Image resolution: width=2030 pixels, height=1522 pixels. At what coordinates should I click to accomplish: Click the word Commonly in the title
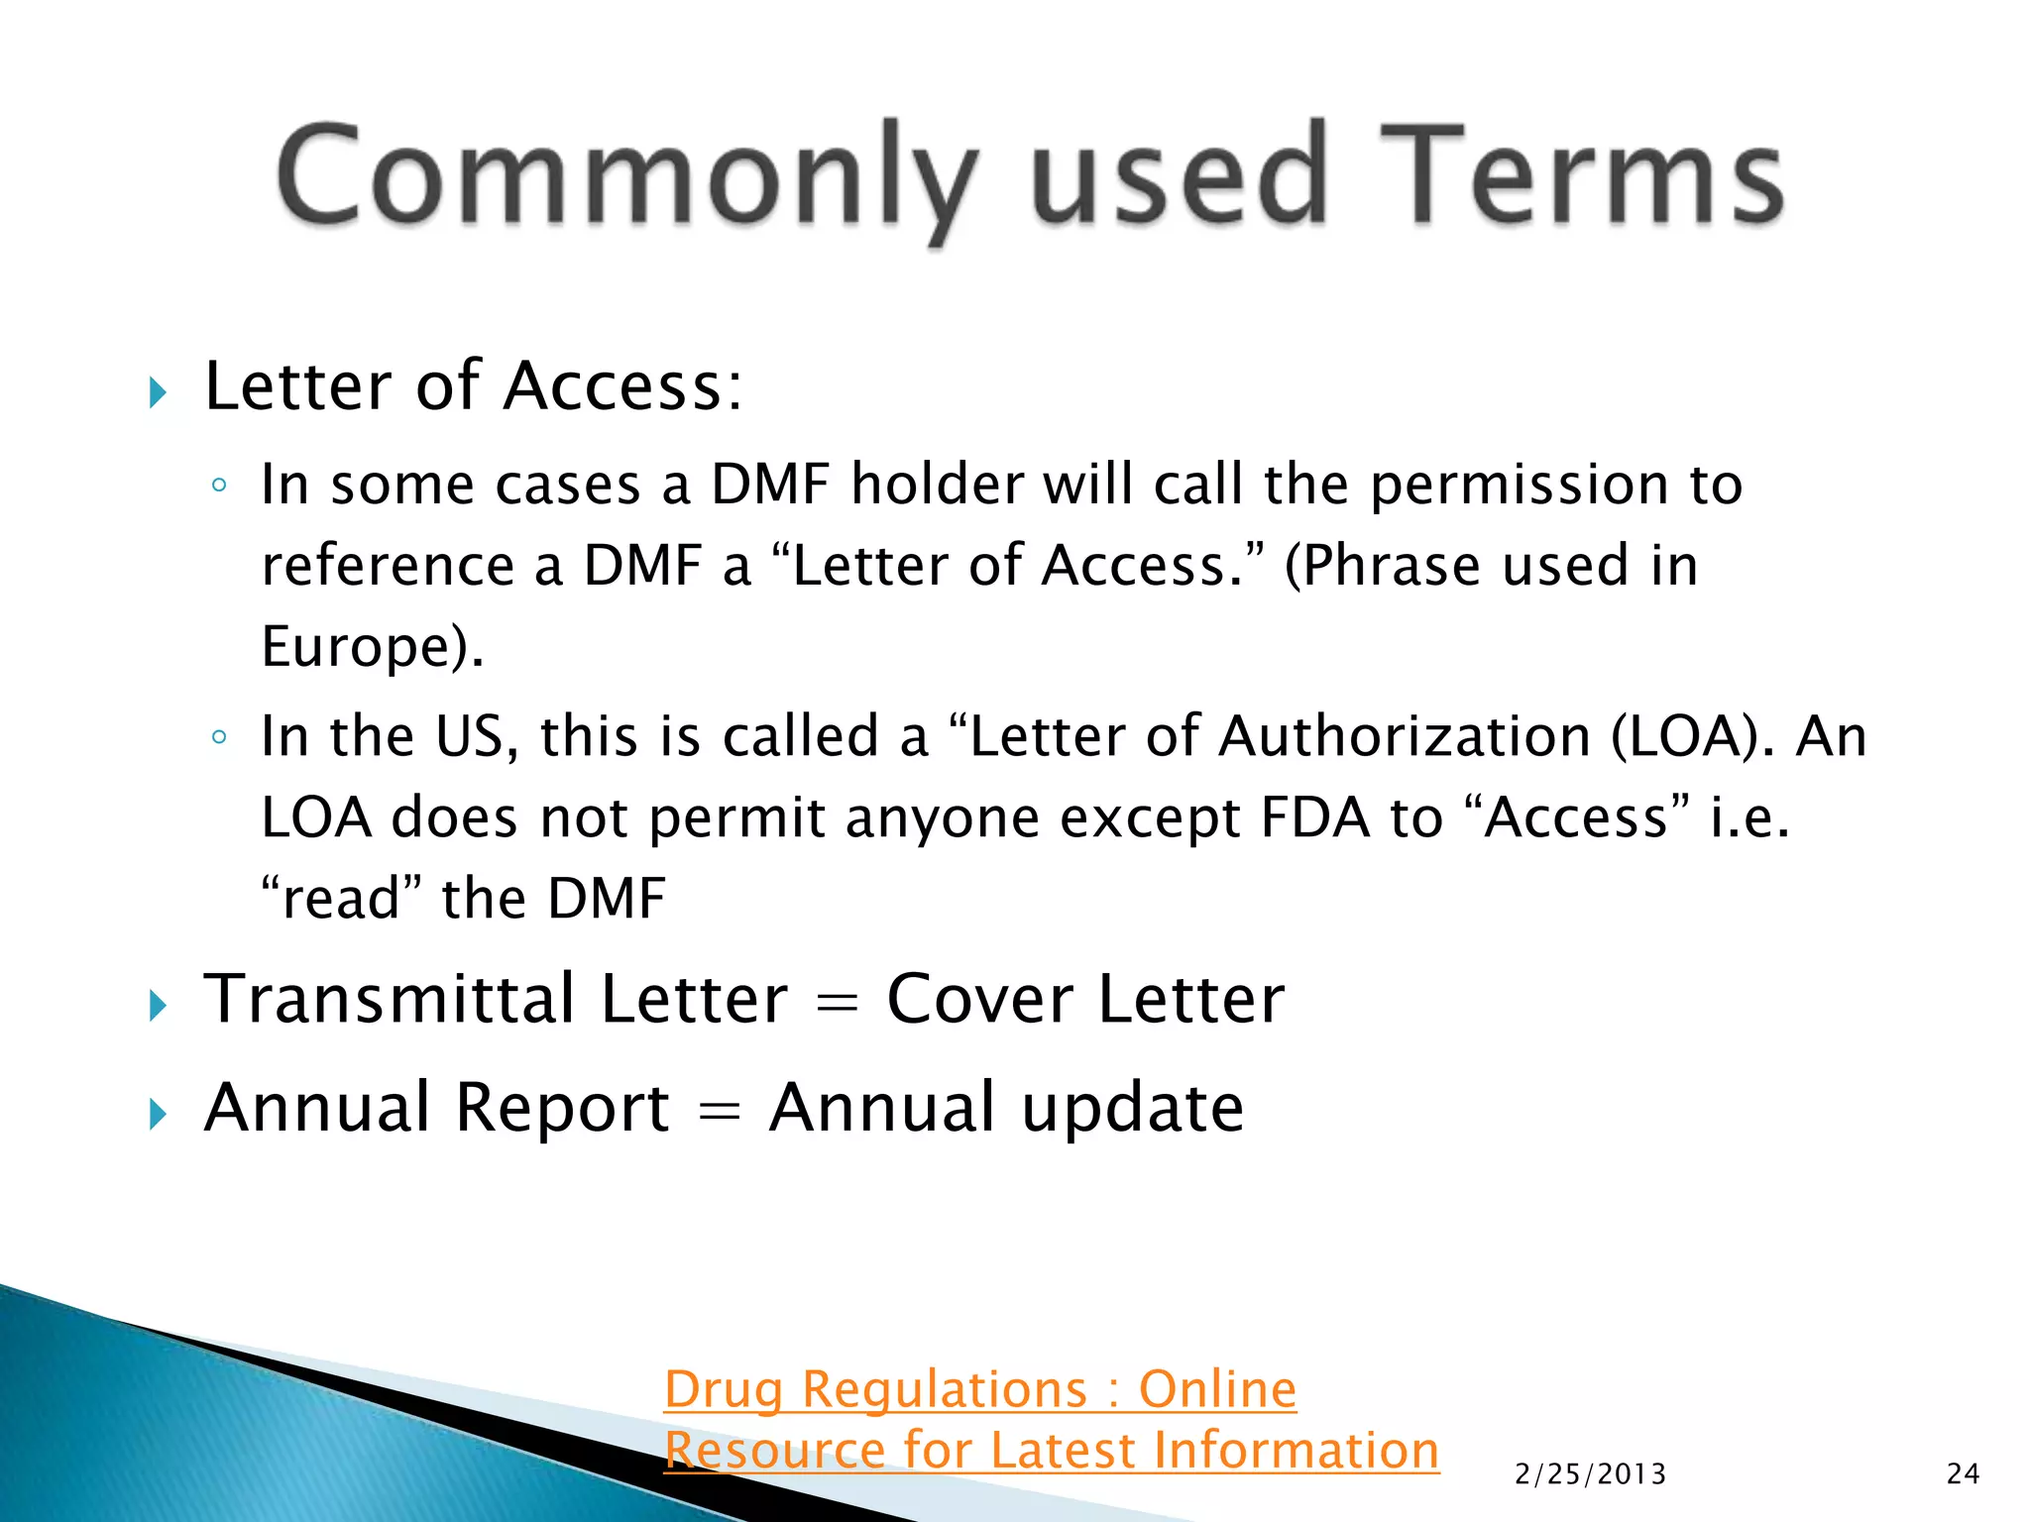click(x=624, y=178)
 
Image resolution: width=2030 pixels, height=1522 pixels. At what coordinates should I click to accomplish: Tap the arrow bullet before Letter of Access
click(x=158, y=392)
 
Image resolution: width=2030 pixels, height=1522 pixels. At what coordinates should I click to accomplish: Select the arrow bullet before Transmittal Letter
click(x=158, y=1006)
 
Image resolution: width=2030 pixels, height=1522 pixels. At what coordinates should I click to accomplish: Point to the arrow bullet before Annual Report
click(x=158, y=1114)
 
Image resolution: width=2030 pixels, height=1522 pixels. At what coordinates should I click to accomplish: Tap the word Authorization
click(x=1405, y=737)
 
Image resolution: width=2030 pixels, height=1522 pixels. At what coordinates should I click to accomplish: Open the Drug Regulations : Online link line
click(x=979, y=1389)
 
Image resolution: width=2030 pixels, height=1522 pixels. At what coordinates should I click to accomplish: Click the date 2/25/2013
click(x=1590, y=1474)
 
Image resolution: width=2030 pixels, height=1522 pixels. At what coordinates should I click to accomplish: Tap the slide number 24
click(x=1963, y=1474)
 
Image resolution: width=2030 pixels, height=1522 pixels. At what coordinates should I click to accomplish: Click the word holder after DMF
click(x=937, y=486)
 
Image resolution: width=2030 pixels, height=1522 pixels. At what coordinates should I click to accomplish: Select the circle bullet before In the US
click(x=219, y=737)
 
